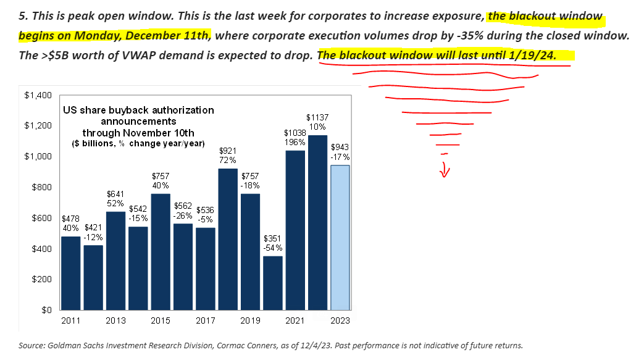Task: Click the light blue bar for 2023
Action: coord(340,238)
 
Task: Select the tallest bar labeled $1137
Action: coord(317,222)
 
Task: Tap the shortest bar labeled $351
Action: coord(272,283)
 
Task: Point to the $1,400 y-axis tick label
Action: coord(38,95)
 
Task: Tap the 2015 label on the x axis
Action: coord(161,321)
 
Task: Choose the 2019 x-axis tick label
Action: coord(250,321)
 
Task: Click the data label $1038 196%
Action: coord(295,137)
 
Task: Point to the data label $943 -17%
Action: coord(340,152)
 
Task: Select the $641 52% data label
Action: coord(115,199)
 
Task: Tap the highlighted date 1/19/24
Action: coord(532,55)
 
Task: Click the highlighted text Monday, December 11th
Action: coord(154,35)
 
